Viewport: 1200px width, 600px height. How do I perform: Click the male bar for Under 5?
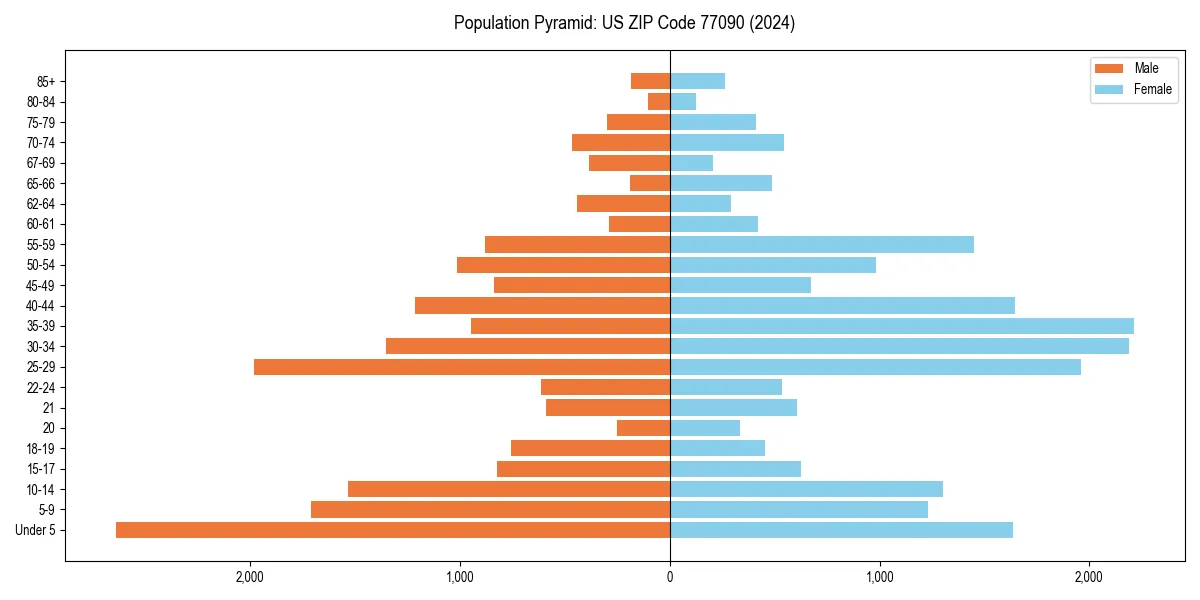point(392,530)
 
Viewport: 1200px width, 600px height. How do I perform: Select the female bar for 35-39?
point(901,326)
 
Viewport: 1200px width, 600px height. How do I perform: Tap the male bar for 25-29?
point(461,367)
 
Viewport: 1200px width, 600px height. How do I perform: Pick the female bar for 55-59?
point(821,245)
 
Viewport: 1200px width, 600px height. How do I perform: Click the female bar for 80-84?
point(683,102)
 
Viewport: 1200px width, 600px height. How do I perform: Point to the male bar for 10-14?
point(508,489)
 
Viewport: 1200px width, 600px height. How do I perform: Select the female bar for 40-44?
point(842,306)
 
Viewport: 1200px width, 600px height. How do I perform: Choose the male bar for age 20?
point(643,428)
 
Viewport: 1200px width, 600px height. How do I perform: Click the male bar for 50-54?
point(563,265)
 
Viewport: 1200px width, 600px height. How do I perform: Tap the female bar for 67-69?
point(691,163)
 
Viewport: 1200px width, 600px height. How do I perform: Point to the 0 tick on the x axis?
point(670,577)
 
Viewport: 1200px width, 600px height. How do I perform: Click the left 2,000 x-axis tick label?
point(250,577)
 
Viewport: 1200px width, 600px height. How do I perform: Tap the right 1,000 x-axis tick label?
point(879,577)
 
